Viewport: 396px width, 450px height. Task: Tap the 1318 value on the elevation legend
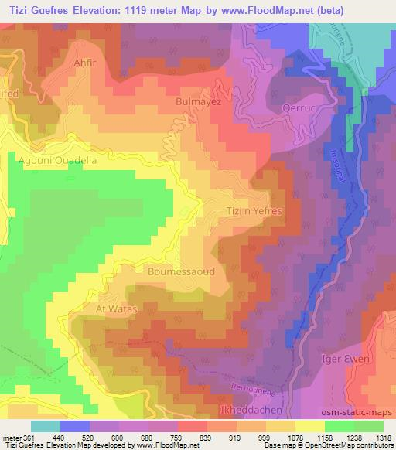pos(383,437)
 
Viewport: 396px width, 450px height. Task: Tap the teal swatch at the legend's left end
pos(45,425)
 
